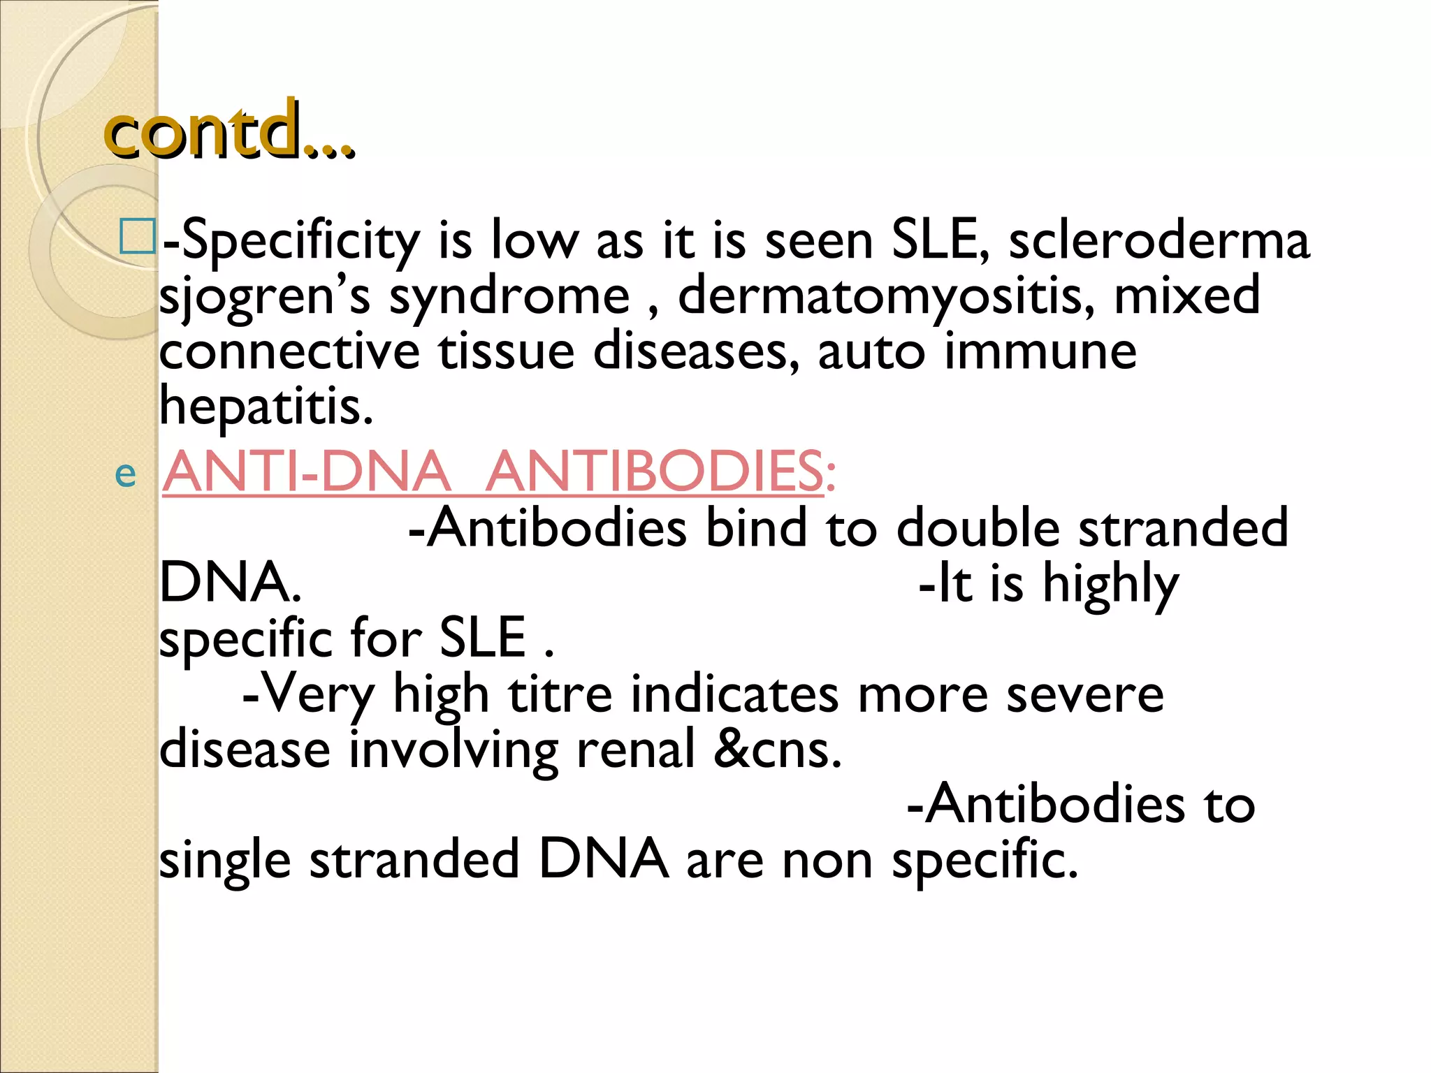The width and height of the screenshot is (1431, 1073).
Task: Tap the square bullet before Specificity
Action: point(137,237)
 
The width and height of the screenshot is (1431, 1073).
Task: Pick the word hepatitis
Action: point(266,407)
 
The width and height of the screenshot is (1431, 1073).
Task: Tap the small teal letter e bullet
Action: point(125,474)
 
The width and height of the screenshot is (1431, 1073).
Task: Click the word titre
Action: point(560,694)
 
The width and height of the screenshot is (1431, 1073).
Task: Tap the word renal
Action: point(636,750)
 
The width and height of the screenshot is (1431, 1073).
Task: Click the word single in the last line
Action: point(224,861)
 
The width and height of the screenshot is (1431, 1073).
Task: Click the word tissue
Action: point(506,351)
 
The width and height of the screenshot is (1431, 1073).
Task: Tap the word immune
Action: point(1040,351)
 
